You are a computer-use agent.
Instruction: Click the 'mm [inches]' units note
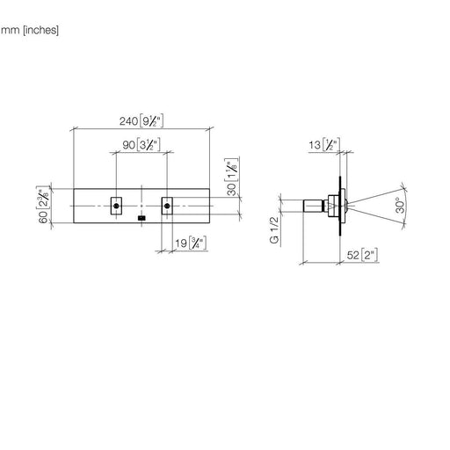30,30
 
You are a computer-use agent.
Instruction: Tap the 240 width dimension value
128,121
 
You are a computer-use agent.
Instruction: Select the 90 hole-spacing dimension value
128,145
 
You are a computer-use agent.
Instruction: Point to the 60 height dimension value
43,217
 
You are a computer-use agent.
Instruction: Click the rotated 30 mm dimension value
232,189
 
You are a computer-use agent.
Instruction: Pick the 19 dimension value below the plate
181,243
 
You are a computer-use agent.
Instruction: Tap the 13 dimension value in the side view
315,145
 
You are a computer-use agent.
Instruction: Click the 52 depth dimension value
352,255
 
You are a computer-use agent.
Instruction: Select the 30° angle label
400,205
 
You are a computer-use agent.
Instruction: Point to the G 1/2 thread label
274,230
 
